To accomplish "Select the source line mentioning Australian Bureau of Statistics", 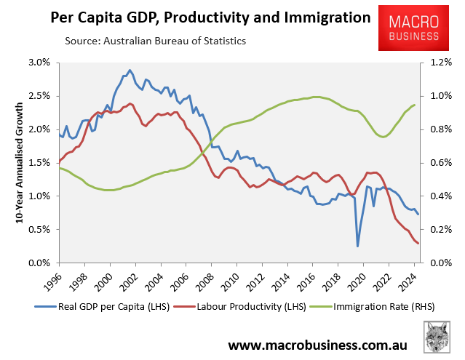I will click(156, 41).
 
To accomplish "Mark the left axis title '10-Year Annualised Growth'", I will click(13, 162).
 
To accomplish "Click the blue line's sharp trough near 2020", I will click(357, 246).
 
